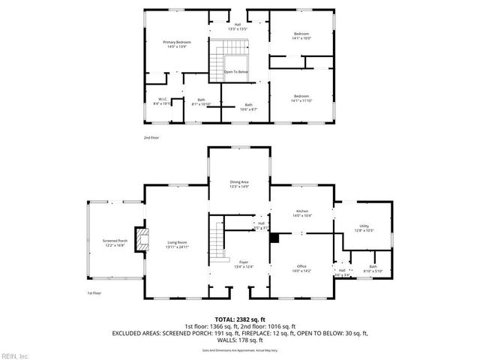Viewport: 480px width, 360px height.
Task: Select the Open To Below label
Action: coord(236,72)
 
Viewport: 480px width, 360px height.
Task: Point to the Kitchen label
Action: coord(301,214)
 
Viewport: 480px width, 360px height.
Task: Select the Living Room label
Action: coord(178,244)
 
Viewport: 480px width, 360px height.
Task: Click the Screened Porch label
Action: coord(115,242)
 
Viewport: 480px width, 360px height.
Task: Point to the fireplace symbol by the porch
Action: coord(140,238)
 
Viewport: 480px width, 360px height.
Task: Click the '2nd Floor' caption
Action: coord(151,138)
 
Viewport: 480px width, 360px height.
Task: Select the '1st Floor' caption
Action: coord(94,293)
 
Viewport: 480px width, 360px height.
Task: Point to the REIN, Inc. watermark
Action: coord(14,355)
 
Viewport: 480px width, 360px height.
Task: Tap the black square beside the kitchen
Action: coord(274,238)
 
